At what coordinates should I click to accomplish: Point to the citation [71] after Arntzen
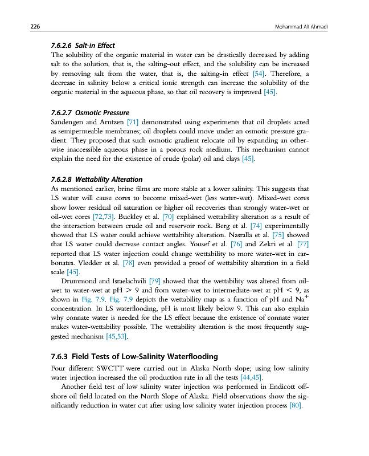(133, 122)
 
